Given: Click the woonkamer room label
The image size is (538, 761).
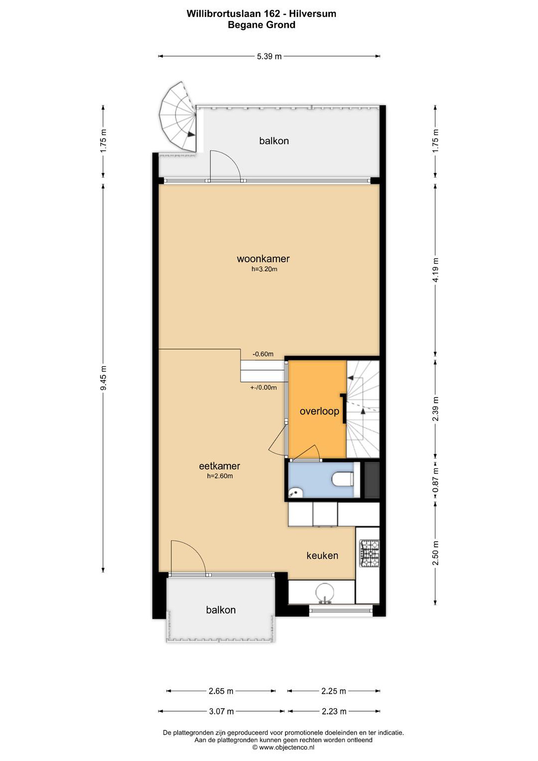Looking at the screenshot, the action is (x=263, y=259).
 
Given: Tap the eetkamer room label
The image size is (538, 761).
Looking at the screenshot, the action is (x=219, y=466).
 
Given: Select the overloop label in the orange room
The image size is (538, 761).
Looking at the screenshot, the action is (x=319, y=411).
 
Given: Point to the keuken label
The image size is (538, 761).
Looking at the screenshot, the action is (x=322, y=555).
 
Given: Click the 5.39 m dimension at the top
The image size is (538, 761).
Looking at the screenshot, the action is (x=269, y=56).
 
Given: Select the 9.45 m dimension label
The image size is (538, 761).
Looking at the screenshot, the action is (x=103, y=378).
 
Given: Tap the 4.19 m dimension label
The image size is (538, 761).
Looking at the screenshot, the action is (x=435, y=270).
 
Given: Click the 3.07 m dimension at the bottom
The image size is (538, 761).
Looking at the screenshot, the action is (x=221, y=711).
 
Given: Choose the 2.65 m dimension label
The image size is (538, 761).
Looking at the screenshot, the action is (x=221, y=691).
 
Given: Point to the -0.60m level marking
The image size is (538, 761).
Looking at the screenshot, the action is (x=263, y=354).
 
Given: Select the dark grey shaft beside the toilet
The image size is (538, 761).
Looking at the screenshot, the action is (x=372, y=480).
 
